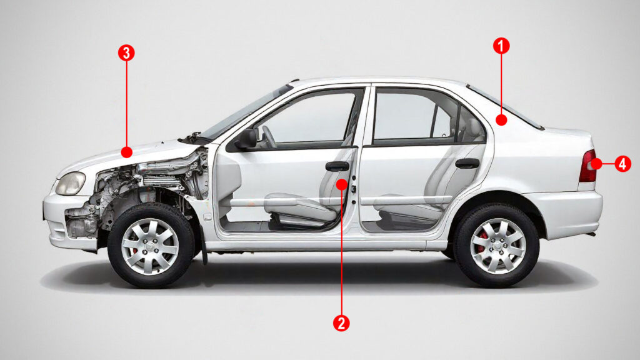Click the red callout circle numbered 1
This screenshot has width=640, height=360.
click(x=501, y=45)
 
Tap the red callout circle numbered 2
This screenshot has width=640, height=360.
click(x=341, y=322)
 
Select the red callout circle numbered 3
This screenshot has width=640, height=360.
click(x=126, y=52)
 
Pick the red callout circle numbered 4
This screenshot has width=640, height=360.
click(x=622, y=164)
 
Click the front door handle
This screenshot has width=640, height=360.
click(x=337, y=166)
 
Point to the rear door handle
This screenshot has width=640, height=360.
click(x=467, y=164)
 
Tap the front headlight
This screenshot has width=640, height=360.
click(x=71, y=182)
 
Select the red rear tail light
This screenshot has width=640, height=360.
click(x=587, y=166)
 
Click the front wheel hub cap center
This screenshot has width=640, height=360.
click(x=150, y=246)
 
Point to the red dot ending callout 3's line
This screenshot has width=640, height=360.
click(x=126, y=152)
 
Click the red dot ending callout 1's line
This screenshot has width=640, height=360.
click(x=501, y=118)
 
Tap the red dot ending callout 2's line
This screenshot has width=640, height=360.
click(x=341, y=184)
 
